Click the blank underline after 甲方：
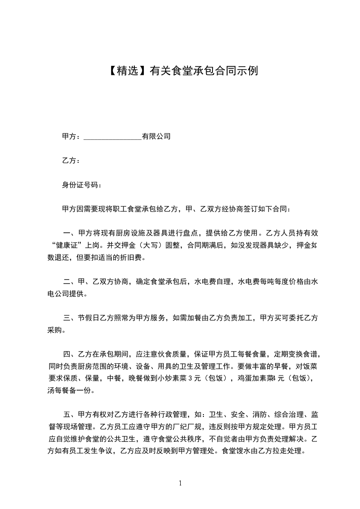pos(113,137)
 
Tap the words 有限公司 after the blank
pos(156,136)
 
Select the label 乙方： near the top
pos(71,161)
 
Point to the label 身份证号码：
pos(82,185)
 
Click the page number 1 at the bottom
pos(180,483)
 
